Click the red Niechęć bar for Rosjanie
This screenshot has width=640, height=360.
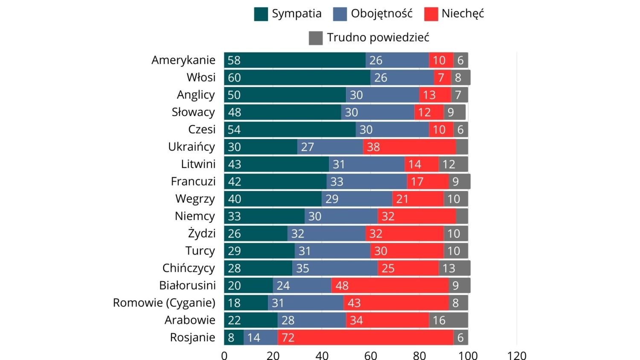click(x=365, y=337)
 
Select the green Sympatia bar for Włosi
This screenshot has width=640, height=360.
click(x=297, y=78)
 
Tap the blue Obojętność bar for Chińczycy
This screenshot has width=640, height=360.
click(x=335, y=268)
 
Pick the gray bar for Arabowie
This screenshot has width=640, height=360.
click(x=448, y=320)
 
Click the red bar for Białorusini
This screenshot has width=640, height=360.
click(x=390, y=285)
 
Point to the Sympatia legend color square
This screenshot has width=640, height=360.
click(x=261, y=14)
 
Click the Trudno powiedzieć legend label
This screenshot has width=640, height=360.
click(x=378, y=38)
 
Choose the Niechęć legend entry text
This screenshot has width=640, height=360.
click(x=463, y=14)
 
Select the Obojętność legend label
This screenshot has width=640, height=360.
click(x=381, y=14)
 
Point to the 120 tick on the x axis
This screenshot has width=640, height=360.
click(x=517, y=355)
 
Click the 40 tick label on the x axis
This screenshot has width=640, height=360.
click(x=322, y=355)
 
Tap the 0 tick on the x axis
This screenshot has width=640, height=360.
click(x=224, y=355)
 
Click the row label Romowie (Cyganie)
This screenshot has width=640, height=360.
click(x=164, y=303)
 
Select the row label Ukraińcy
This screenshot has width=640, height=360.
click(x=191, y=147)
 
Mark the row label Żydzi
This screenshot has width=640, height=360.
click(x=201, y=233)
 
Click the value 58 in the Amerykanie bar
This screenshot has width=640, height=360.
click(x=234, y=61)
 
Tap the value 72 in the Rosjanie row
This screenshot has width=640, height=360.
click(x=288, y=338)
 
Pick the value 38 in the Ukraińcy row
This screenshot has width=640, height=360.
click(x=373, y=147)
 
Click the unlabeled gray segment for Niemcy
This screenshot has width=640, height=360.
click(x=462, y=216)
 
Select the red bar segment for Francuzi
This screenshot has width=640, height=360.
click(x=428, y=182)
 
